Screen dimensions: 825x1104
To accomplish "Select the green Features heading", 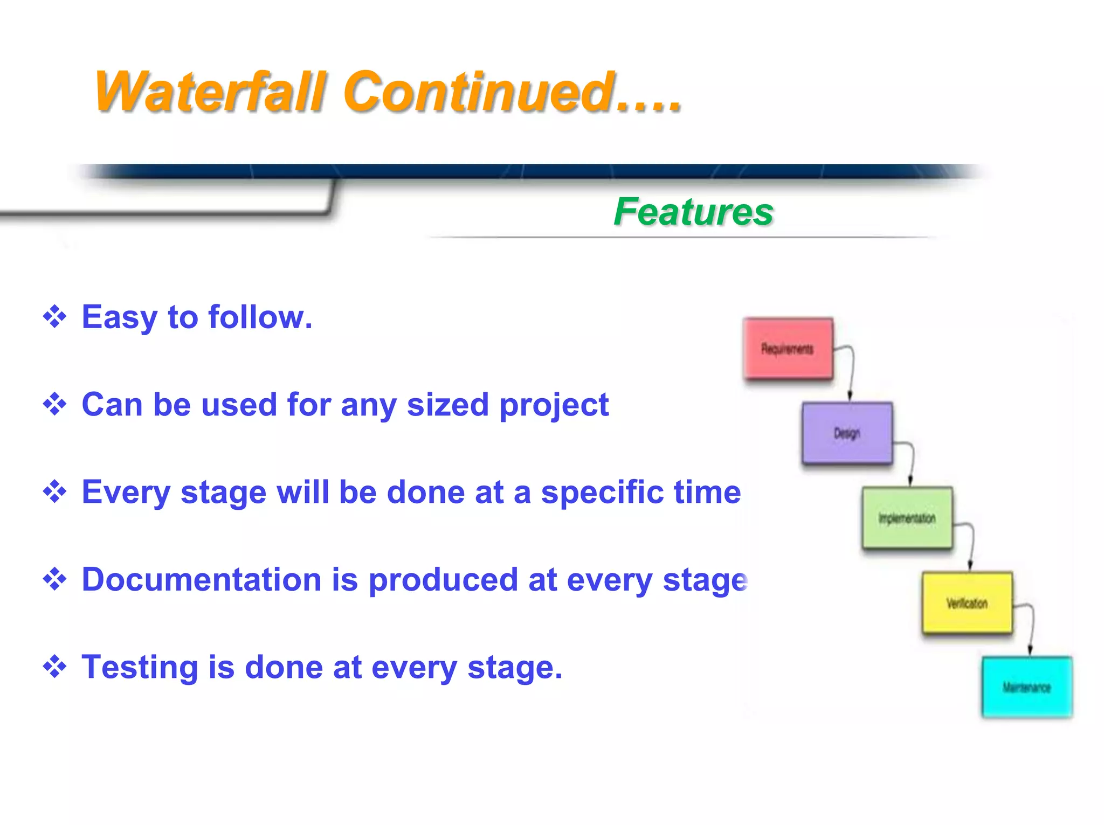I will pos(693,212).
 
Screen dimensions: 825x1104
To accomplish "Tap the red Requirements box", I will pos(788,349).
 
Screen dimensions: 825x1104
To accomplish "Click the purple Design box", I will pos(847,433).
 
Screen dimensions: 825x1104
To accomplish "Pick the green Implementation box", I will pos(907,518).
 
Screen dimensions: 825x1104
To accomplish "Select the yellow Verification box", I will pos(967,602).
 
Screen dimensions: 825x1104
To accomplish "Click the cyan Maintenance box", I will pos(1026,687).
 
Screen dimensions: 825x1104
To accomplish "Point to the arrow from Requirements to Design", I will pos(851,372).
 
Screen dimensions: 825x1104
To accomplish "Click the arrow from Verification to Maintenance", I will pos(1031,628).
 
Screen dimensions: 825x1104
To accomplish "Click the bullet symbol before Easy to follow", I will pos(54,317).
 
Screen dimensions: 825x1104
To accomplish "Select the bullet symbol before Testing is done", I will pos(54,667).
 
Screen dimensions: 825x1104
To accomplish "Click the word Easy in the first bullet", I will pos(119,317).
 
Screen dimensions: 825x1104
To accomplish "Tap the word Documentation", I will pos(202,580).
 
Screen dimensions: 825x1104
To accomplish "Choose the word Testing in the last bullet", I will pos(140,667).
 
